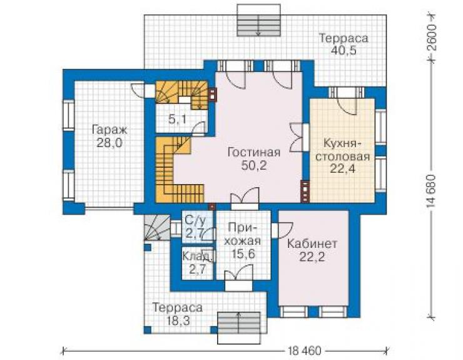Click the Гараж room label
click(x=109, y=130)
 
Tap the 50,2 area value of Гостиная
click(x=254, y=165)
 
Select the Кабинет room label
click(x=312, y=244)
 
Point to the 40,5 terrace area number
click(x=343, y=51)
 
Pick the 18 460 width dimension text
click(x=304, y=351)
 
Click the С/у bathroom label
click(x=194, y=220)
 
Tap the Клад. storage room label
click(x=196, y=256)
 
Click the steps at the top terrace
click(x=259, y=21)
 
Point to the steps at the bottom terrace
click(x=239, y=328)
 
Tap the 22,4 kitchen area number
click(x=342, y=168)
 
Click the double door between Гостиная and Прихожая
click(x=245, y=198)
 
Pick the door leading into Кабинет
click(x=282, y=230)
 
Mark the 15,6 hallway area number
click(x=243, y=254)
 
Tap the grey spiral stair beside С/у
click(x=157, y=228)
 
